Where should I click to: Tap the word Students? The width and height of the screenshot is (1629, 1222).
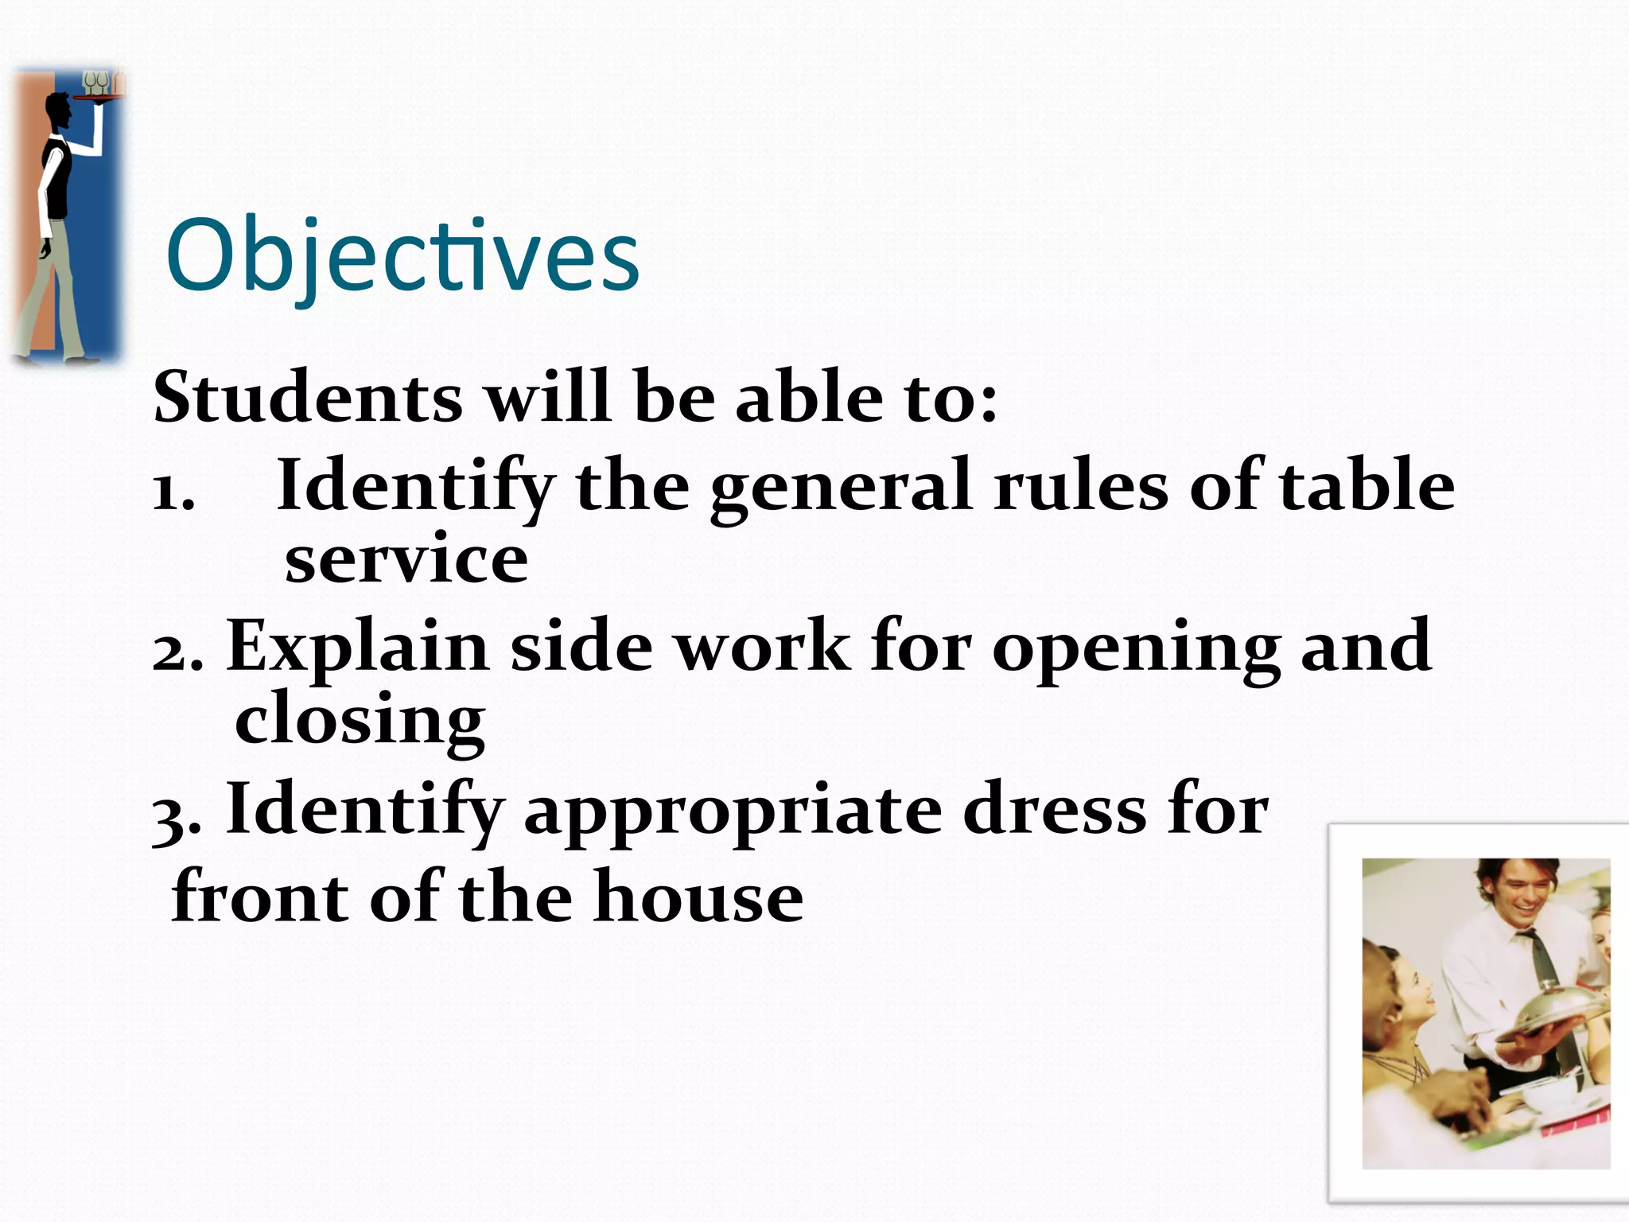tap(308, 397)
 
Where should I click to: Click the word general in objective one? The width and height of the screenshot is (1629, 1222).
tap(841, 486)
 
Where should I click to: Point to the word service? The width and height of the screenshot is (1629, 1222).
tap(406, 559)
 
